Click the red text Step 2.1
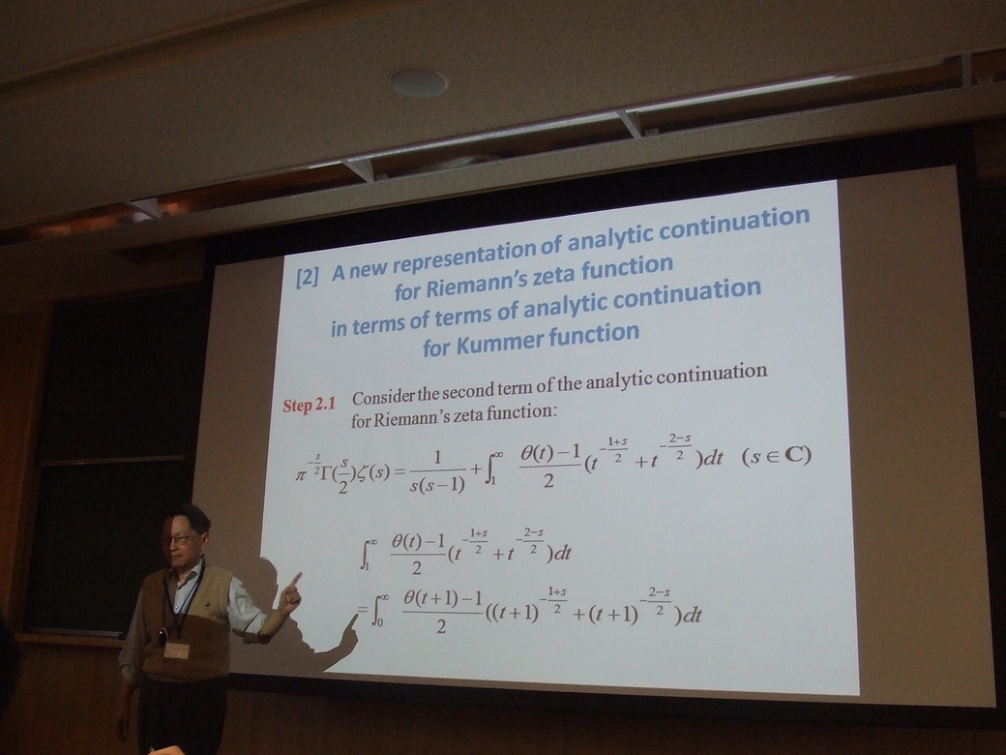[310, 406]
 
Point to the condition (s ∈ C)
[777, 456]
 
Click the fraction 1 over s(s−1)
[437, 472]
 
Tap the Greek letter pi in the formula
[300, 475]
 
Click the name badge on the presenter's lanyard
[174, 650]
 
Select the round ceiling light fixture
[418, 81]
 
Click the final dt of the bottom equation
[691, 616]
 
